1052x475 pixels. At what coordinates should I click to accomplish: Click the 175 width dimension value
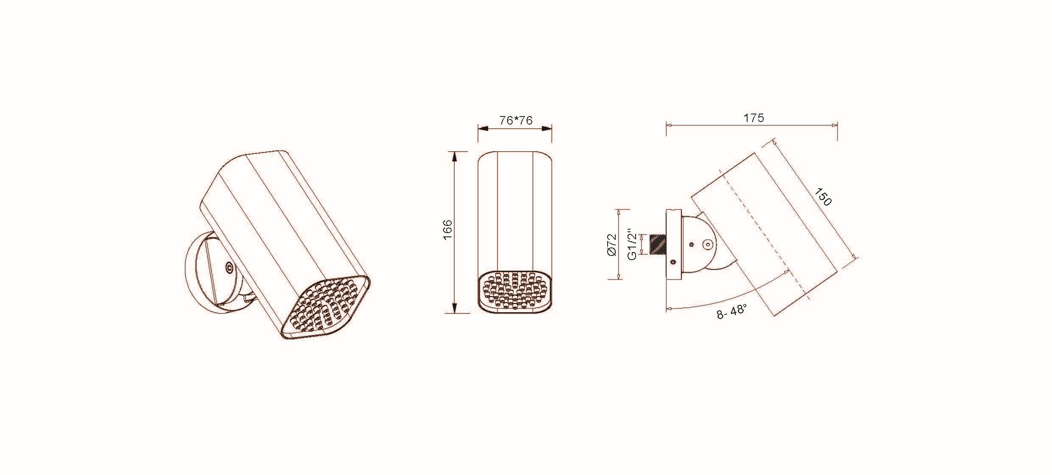pos(753,118)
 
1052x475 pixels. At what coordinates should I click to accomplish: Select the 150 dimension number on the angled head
pos(823,197)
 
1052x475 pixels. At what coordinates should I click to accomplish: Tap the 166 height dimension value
pos(448,230)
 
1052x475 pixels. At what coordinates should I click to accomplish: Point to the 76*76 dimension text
pos(516,121)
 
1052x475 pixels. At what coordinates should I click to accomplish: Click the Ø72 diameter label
pos(611,245)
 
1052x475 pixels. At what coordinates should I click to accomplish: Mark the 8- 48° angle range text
pos(732,312)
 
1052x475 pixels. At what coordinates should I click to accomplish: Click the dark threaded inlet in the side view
pos(658,244)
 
